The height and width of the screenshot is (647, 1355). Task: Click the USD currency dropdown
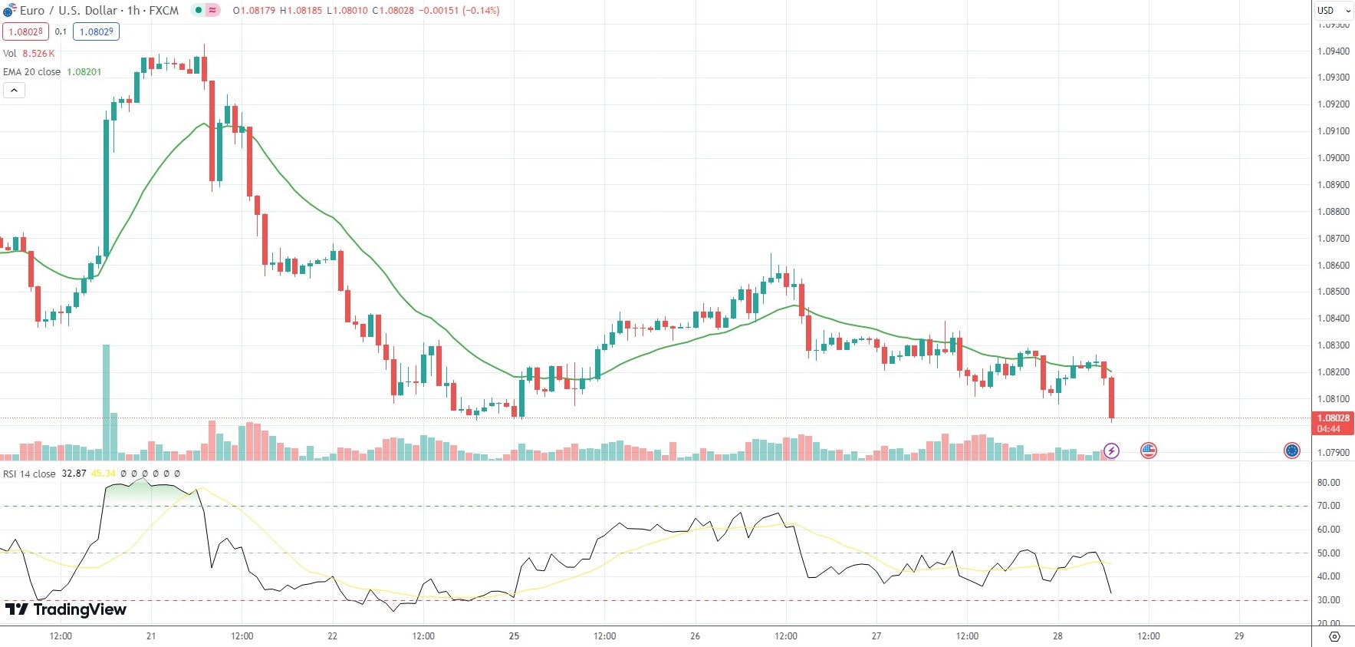(1334, 11)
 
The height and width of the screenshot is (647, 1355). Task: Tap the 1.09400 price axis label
(1333, 51)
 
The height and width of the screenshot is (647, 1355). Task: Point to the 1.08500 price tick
(1333, 292)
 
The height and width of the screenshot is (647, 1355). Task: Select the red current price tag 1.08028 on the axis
(1333, 419)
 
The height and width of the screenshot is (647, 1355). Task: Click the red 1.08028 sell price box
(26, 31)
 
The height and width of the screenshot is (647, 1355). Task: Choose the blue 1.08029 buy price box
(97, 31)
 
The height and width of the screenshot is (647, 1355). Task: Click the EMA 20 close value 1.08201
(84, 72)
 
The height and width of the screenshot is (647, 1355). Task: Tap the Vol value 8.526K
(38, 54)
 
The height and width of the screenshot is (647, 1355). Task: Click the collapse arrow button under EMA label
(15, 91)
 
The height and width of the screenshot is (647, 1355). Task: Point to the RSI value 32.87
(74, 474)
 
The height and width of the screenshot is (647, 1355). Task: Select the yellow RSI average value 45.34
(103, 474)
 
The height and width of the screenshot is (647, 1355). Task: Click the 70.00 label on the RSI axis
(1328, 506)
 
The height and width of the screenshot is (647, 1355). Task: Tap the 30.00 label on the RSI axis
(1328, 600)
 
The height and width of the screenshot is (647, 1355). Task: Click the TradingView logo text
(66, 609)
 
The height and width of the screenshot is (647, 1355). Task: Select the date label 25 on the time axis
(514, 636)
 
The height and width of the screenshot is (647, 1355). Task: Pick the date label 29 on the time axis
(1238, 636)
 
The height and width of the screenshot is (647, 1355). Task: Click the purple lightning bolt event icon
(1111, 451)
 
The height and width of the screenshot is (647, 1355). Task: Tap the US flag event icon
(1148, 451)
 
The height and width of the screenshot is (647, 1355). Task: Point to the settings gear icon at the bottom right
(1334, 637)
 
